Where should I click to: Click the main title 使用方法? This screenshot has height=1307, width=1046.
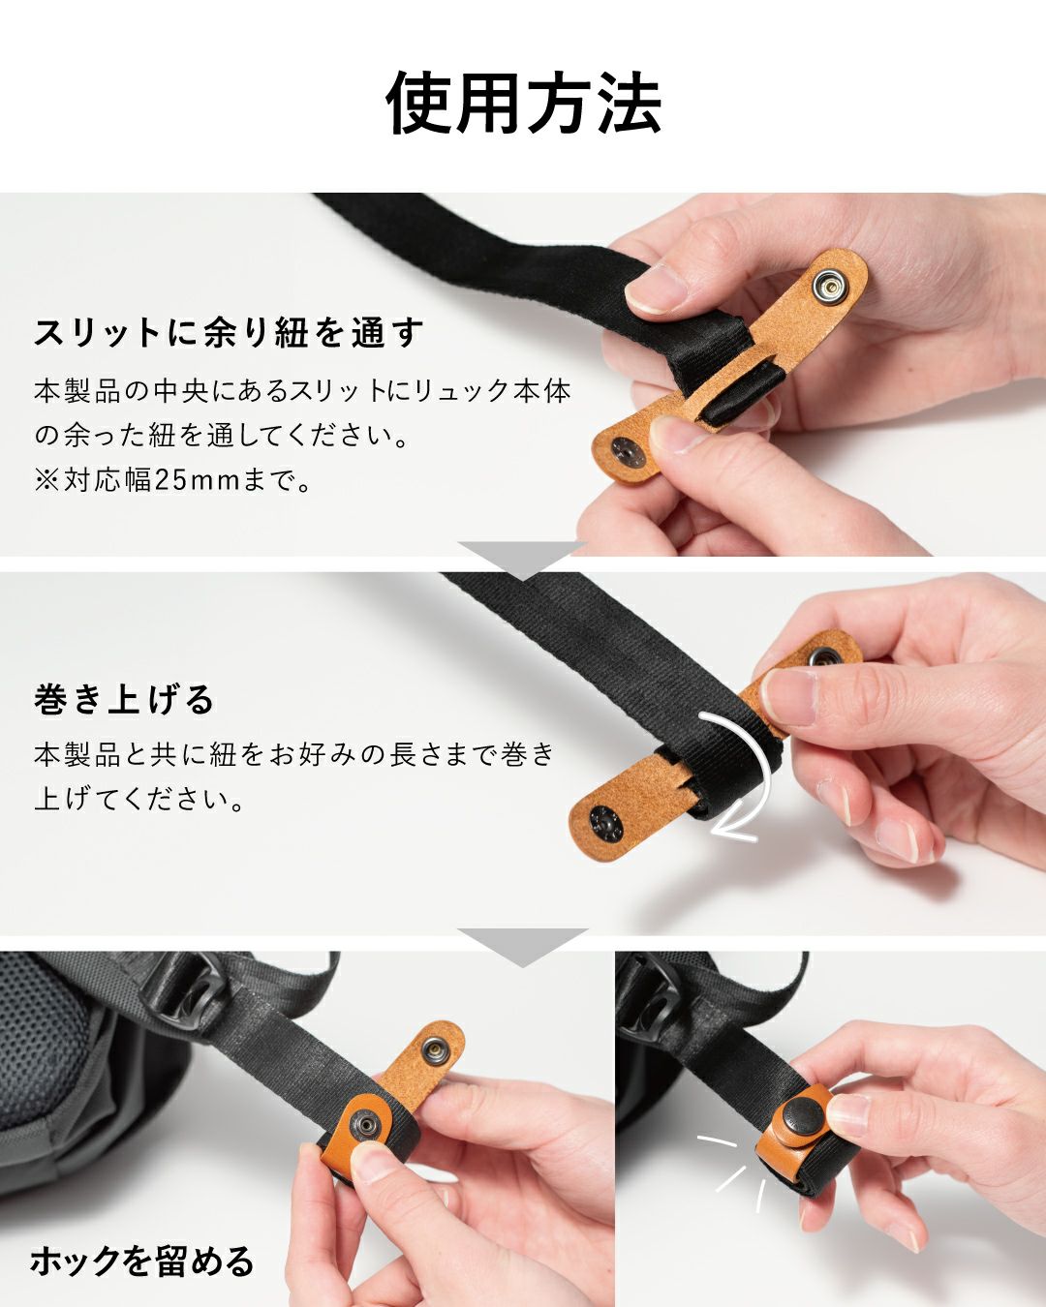pos(523,103)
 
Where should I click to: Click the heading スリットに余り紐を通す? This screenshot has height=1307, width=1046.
pos(229,332)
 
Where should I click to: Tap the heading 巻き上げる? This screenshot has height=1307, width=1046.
pos(124,698)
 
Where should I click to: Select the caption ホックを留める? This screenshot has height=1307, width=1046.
pos(141,1261)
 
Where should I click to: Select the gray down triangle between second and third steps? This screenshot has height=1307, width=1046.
pos(523,946)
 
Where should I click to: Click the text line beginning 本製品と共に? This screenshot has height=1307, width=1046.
pos(294,753)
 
